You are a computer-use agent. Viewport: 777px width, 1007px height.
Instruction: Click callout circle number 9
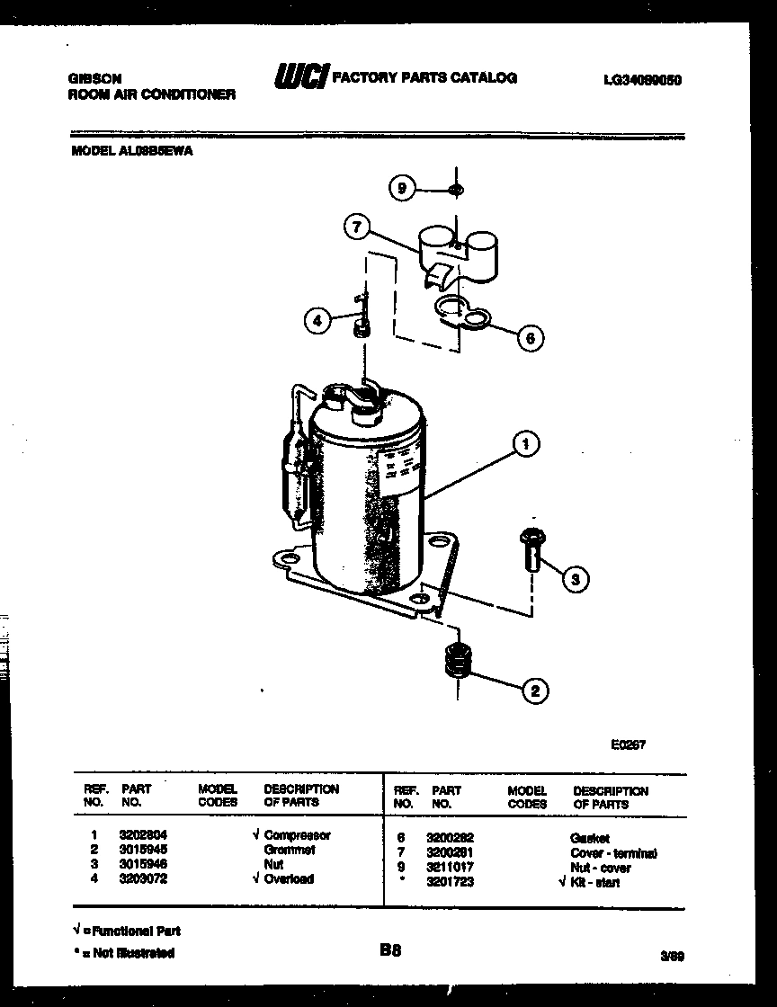[x=402, y=188]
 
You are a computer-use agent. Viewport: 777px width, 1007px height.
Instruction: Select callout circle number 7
[x=357, y=227]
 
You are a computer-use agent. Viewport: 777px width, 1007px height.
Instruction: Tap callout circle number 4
[x=317, y=319]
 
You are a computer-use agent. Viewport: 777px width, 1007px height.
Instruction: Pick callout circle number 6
[x=530, y=338]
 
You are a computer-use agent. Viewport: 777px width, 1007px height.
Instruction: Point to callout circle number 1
[x=525, y=442]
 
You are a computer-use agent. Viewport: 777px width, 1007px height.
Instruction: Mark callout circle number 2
[x=534, y=691]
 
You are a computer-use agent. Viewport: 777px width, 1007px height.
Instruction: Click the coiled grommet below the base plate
[x=459, y=664]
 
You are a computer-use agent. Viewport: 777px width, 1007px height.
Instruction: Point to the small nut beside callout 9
[x=456, y=189]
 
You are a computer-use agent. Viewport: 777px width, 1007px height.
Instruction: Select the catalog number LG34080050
[x=642, y=79]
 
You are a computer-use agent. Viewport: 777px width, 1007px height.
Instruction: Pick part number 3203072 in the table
[x=143, y=878]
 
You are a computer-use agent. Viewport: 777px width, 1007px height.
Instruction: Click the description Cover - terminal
[x=613, y=852]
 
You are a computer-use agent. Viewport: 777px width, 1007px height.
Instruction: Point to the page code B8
[x=389, y=949]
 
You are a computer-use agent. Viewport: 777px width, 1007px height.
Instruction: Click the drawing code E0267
[x=628, y=744]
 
